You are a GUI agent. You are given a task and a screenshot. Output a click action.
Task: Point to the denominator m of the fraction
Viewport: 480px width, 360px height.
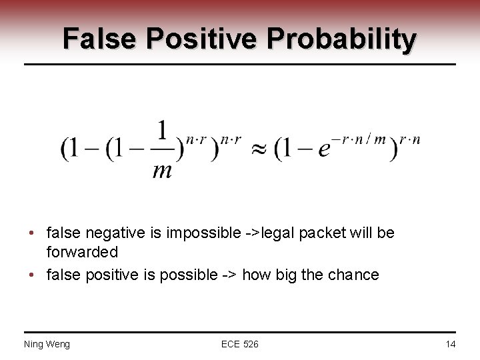tap(161, 170)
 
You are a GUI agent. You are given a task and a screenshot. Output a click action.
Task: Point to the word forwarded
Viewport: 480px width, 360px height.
tap(83, 253)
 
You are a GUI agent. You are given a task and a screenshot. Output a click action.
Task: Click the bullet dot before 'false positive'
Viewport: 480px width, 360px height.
tap(33, 274)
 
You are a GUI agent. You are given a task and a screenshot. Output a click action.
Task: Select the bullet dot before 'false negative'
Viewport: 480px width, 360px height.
tap(33, 234)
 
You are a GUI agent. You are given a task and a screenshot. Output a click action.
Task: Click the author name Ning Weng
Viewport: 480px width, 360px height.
tap(47, 344)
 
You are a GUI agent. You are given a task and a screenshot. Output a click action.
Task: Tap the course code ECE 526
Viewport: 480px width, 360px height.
tap(240, 344)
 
